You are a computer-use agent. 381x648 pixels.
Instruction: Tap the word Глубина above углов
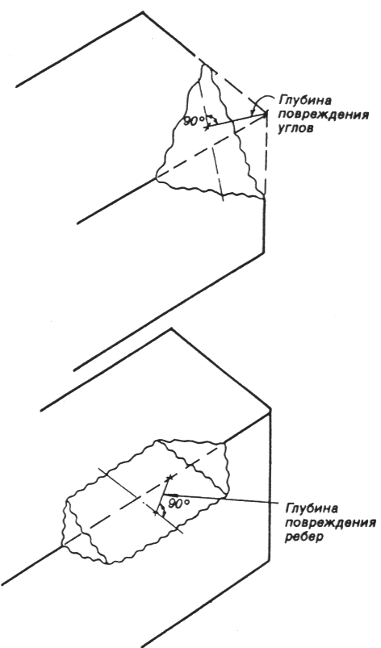click(x=303, y=101)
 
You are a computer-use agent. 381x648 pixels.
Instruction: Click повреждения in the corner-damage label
click(x=323, y=115)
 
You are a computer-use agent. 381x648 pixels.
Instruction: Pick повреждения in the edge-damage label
click(x=331, y=523)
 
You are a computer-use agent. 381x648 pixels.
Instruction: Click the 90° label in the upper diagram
click(x=194, y=122)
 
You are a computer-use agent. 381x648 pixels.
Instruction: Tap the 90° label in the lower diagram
click(x=178, y=504)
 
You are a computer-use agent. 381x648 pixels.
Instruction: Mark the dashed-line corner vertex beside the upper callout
click(x=266, y=112)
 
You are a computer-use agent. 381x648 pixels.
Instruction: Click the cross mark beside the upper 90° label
click(x=206, y=128)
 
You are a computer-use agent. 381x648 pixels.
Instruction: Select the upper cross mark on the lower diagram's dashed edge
click(x=168, y=479)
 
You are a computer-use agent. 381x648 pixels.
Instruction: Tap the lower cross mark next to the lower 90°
click(x=157, y=512)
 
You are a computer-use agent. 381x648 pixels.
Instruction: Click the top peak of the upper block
click(x=143, y=12)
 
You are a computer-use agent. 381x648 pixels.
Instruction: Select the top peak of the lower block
click(x=171, y=329)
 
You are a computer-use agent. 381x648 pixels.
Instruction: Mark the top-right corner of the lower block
click(x=270, y=409)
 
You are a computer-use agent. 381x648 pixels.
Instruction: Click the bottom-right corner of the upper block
click(x=264, y=251)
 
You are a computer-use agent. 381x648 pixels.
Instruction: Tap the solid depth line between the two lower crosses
click(x=162, y=495)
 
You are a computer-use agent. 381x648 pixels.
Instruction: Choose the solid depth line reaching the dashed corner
click(x=236, y=120)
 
